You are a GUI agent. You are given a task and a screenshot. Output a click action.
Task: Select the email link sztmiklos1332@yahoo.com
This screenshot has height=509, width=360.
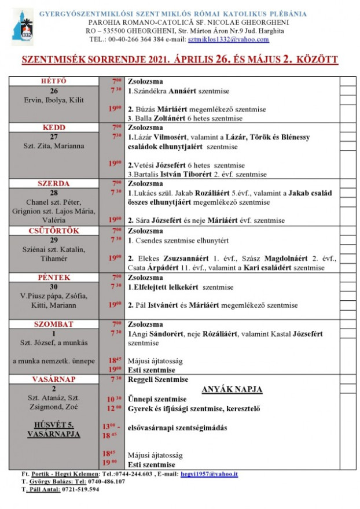tap(229, 39)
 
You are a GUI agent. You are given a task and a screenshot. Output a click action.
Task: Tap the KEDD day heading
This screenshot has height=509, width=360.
tap(54, 127)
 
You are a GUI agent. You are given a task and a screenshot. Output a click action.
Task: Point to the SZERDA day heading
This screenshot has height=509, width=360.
tap(54, 183)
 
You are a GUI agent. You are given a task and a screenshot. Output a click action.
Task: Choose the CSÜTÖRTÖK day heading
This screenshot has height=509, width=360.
tap(54, 230)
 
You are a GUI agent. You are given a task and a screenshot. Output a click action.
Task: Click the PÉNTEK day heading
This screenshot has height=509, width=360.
tap(54, 277)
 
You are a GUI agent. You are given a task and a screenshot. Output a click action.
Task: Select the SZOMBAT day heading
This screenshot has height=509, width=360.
tap(54, 324)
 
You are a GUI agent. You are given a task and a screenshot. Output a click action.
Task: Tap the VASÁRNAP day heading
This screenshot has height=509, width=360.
tap(54, 379)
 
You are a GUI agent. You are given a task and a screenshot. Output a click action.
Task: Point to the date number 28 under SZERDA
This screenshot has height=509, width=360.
tap(54, 193)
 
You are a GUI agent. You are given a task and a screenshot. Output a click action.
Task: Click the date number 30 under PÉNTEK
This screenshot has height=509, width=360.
tap(54, 286)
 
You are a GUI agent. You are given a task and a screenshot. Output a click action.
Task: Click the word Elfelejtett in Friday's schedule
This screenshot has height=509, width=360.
tap(149, 287)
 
